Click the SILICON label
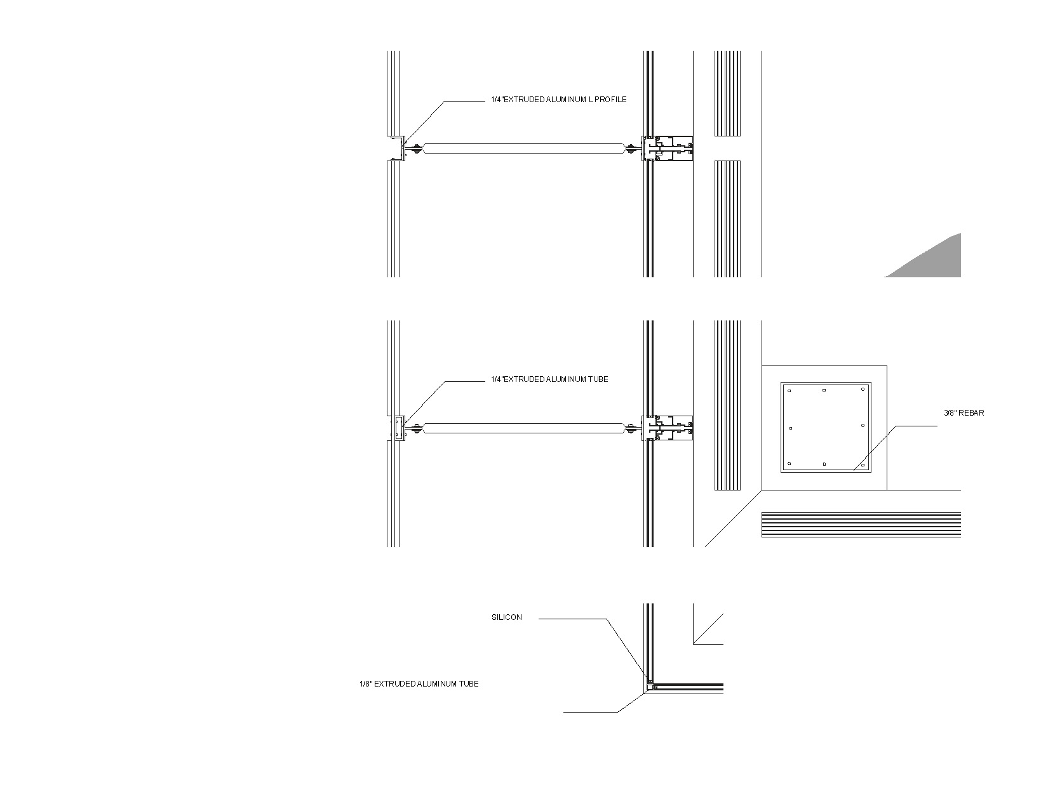point(506,617)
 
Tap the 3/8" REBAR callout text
point(964,413)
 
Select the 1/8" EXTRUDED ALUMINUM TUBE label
point(419,684)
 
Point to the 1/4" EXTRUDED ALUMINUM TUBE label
point(549,379)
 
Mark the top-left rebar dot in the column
point(789,391)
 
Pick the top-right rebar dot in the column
point(863,390)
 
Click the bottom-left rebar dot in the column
point(789,464)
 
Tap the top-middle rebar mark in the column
point(824,390)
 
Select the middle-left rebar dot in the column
point(790,428)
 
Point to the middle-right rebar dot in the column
point(863,426)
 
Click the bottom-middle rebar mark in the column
point(824,464)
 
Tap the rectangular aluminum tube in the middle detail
point(398,428)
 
